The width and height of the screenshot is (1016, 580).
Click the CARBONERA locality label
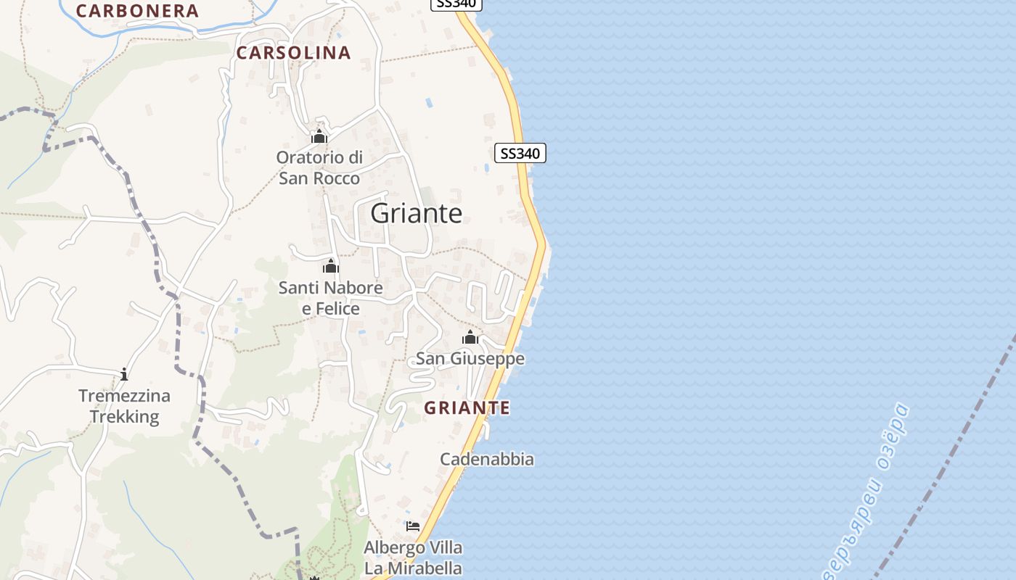(137, 11)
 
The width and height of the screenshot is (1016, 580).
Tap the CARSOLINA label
(293, 52)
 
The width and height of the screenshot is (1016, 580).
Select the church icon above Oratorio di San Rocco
(319, 136)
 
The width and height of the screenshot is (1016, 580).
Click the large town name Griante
(416, 213)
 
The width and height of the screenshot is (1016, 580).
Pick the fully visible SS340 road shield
(520, 154)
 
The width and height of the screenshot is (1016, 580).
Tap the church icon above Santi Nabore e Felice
(331, 266)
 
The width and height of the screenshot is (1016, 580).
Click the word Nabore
(354, 288)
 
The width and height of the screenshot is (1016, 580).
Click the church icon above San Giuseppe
(470, 337)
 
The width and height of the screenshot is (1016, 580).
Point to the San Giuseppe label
(470, 359)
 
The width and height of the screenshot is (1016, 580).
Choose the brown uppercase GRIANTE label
(467, 407)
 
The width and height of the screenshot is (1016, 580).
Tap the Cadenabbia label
(487, 459)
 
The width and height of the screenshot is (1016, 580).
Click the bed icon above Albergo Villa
(413, 526)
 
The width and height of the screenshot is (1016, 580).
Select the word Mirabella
(423, 568)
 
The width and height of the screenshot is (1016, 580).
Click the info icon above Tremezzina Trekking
(124, 374)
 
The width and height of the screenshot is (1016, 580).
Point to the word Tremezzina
(124, 396)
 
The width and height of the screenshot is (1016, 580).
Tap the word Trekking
(124, 417)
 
